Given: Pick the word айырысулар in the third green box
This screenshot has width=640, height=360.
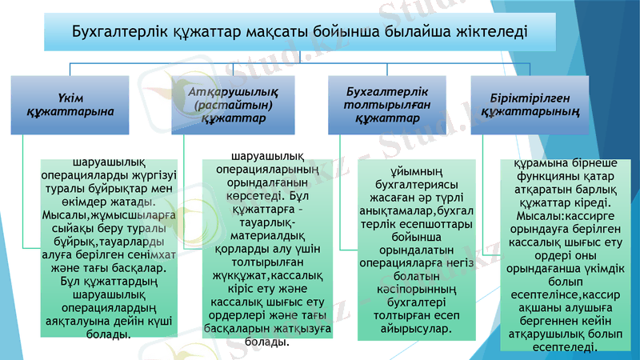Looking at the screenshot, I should (408, 328).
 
